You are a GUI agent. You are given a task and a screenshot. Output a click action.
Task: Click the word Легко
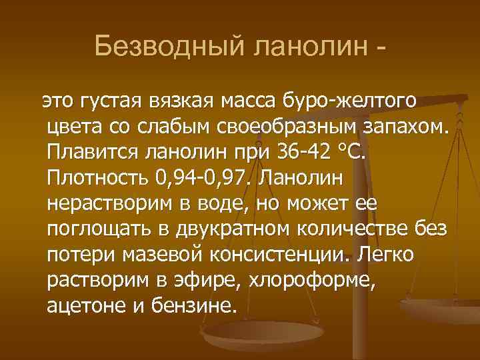(386, 254)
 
